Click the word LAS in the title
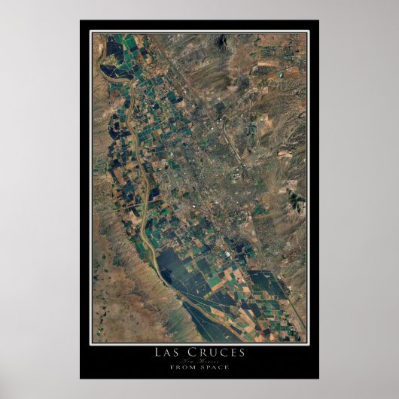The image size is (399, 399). pyautogui.click(x=169, y=351)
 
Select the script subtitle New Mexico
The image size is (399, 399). pyautogui.click(x=199, y=360)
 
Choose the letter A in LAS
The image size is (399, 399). pyautogui.click(x=169, y=351)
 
